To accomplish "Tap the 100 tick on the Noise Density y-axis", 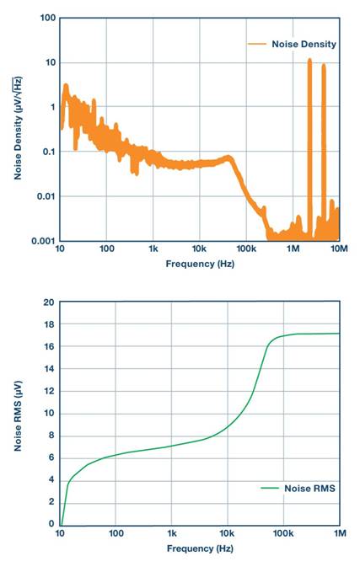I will [x=47, y=18].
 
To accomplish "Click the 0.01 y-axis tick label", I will [x=45, y=196].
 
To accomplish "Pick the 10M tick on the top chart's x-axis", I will [x=338, y=250].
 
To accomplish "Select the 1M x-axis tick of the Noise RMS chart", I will [x=339, y=534].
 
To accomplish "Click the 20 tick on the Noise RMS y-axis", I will [x=49, y=302].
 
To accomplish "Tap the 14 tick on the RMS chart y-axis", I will [x=49, y=368].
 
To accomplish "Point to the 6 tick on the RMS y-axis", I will [x=51, y=457].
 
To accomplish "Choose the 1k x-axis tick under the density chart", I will [x=153, y=250].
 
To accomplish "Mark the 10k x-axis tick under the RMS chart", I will [x=228, y=534].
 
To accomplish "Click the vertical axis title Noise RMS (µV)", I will [x=18, y=413].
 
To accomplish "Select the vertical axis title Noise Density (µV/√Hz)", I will [x=18, y=129].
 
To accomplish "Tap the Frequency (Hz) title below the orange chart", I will [x=199, y=263].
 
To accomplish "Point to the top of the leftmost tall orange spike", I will [x=309, y=61].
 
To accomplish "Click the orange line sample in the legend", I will [x=256, y=44].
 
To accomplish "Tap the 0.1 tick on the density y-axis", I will [x=47, y=152].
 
